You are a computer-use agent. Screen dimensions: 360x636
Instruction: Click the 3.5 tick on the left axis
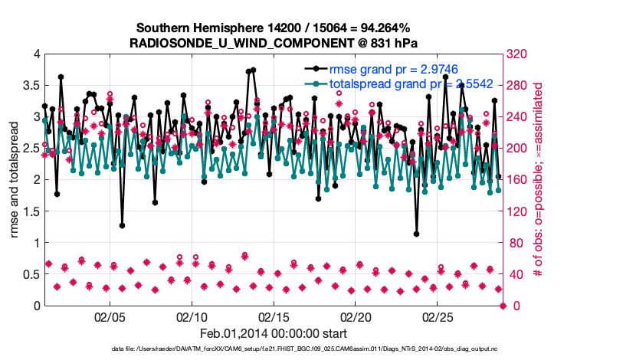[28, 86]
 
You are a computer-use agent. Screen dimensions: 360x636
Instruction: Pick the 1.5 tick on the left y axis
[28, 211]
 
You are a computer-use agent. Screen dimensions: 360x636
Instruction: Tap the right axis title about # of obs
[538, 180]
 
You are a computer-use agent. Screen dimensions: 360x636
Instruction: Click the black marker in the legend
[313, 69]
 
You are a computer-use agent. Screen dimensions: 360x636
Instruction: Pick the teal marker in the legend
[313, 83]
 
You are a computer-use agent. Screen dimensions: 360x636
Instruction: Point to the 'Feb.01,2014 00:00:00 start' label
[273, 333]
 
